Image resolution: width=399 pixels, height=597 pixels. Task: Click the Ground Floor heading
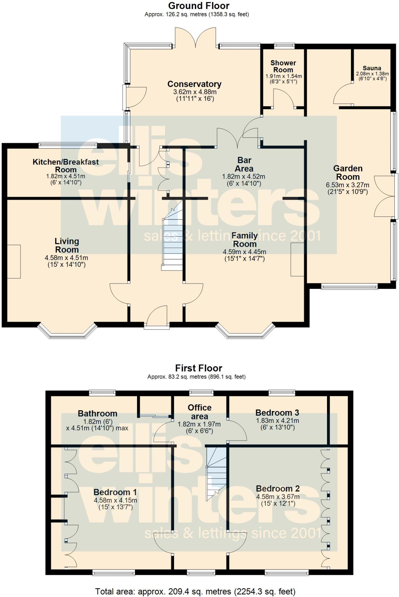(199, 6)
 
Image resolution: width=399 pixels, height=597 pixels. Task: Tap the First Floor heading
(199, 368)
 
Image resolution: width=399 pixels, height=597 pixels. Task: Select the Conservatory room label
(194, 84)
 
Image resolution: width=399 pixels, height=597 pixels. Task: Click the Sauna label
(372, 68)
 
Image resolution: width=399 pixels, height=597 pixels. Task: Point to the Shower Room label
(283, 66)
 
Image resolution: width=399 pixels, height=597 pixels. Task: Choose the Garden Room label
(348, 173)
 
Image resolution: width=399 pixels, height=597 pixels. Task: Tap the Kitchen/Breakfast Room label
(66, 166)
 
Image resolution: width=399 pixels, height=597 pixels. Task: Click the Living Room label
(67, 245)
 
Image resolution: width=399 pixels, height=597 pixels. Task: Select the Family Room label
(245, 240)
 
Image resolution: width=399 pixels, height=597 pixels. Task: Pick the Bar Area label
(244, 164)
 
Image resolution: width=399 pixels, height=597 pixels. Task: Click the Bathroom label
(98, 413)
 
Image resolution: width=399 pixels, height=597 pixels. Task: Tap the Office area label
(200, 412)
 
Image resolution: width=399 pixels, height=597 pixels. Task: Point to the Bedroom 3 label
(277, 412)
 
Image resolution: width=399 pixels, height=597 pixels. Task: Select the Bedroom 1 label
(115, 492)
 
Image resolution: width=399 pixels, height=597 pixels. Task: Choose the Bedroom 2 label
(278, 489)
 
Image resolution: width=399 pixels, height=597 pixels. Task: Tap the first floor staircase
(216, 474)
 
